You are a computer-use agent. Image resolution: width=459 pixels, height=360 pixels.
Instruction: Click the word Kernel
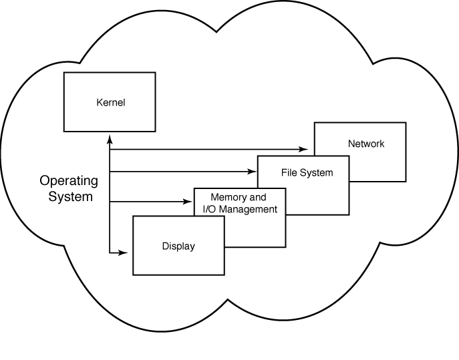point(110,103)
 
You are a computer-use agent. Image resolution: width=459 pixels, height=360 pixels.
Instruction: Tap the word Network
point(366,144)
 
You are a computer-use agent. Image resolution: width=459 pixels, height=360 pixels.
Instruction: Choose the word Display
point(178,246)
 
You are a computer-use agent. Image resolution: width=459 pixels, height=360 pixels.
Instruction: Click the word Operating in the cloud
point(69,180)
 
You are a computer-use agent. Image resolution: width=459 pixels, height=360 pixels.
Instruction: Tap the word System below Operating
point(70,198)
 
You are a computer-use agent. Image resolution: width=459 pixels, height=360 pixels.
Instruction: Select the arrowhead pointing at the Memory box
point(189,201)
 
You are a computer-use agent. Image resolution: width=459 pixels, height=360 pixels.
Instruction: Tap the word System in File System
point(316,173)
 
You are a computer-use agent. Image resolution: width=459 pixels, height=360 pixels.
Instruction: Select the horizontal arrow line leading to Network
point(207,150)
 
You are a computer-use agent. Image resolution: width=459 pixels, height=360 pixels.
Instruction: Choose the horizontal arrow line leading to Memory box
point(147,201)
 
